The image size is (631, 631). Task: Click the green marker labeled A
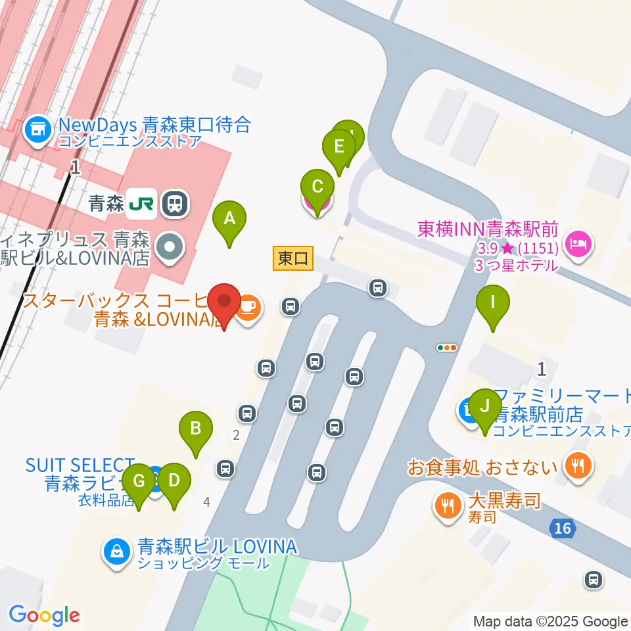(229, 219)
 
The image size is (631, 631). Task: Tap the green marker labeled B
(196, 430)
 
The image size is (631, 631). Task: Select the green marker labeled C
(317, 188)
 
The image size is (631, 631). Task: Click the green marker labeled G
(139, 482)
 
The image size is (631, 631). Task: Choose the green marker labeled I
(493, 304)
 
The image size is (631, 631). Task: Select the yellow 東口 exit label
(293, 258)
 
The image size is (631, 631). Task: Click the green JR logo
(141, 204)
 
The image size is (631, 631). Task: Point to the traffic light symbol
(447, 347)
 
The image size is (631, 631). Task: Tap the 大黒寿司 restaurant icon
(447, 505)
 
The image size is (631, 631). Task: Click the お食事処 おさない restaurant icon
(578, 467)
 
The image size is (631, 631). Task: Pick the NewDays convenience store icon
(38, 129)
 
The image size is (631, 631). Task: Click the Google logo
(44, 616)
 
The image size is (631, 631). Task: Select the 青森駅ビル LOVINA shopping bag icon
(116, 551)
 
